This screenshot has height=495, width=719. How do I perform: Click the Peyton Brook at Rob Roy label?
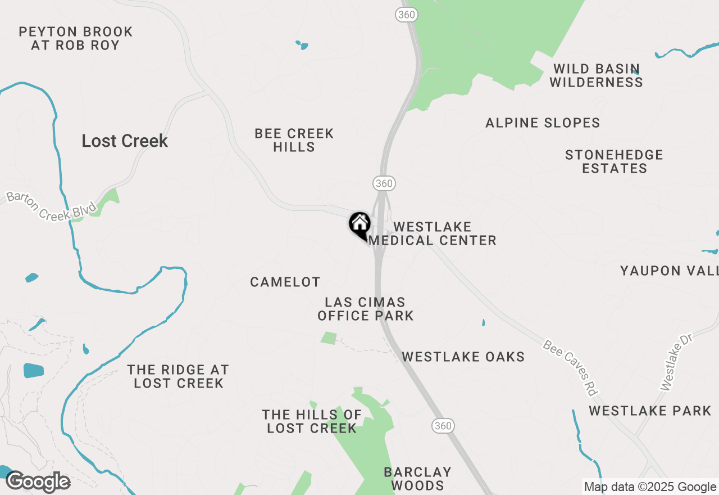[x=76, y=38]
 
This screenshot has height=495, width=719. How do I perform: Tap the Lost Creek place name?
[x=125, y=141]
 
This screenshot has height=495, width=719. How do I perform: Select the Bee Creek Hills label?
[x=294, y=140]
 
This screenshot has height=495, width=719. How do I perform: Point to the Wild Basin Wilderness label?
[x=596, y=75]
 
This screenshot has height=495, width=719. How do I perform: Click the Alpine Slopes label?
[x=543, y=123]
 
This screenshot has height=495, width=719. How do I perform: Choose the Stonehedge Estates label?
[x=614, y=161]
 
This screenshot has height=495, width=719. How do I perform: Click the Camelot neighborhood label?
[x=285, y=282]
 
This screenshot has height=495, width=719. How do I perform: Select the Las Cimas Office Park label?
[x=366, y=309]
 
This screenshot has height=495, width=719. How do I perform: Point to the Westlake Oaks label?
[x=463, y=357]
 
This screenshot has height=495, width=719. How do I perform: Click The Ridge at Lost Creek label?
[x=178, y=376]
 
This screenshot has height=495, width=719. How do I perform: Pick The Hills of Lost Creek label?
[x=312, y=421]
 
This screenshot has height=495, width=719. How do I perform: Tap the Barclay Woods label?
[x=417, y=478]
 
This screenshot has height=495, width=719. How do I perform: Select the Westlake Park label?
[x=650, y=411]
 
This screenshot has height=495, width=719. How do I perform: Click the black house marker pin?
[x=359, y=224]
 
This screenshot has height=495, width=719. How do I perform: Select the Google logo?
[x=38, y=482]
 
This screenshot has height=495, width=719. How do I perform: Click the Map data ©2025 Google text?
[x=650, y=487]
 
